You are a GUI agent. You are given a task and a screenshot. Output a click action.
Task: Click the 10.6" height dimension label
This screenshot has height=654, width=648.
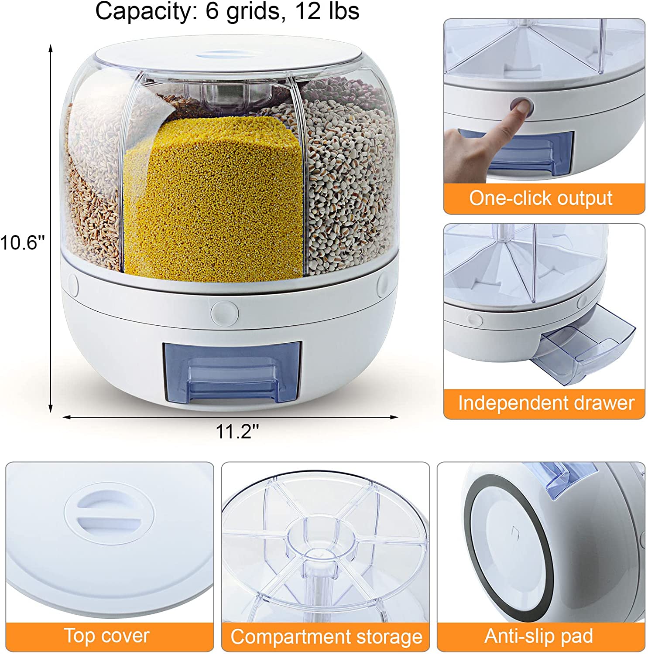[x=22, y=242]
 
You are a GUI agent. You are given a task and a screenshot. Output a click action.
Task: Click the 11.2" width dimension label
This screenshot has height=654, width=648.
[x=237, y=431]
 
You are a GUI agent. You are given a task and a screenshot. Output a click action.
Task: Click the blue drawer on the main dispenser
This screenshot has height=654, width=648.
[x=232, y=371]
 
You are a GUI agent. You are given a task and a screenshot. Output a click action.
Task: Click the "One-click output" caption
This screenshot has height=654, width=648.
[x=541, y=198]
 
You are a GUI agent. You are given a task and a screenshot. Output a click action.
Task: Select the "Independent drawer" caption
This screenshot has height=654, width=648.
[x=546, y=403]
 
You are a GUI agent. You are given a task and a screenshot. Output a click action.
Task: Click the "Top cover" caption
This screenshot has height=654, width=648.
[x=106, y=636]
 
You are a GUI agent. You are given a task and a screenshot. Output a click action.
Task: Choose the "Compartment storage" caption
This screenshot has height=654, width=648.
[x=326, y=637]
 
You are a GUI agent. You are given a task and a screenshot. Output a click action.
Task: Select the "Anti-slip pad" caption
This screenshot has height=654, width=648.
[x=539, y=636]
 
